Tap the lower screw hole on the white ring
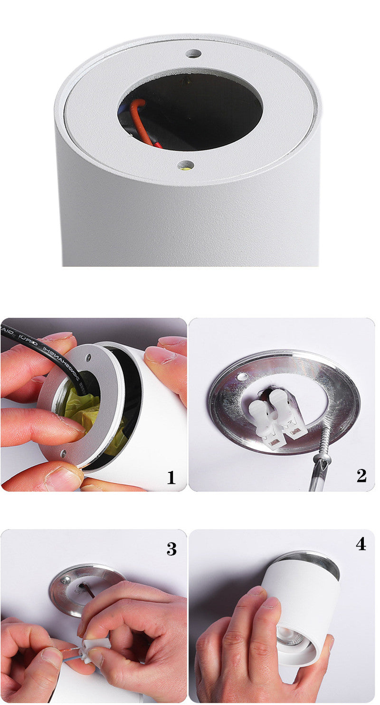186,166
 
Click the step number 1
171,477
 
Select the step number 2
361,475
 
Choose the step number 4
361,544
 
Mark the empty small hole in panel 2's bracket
244,376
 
